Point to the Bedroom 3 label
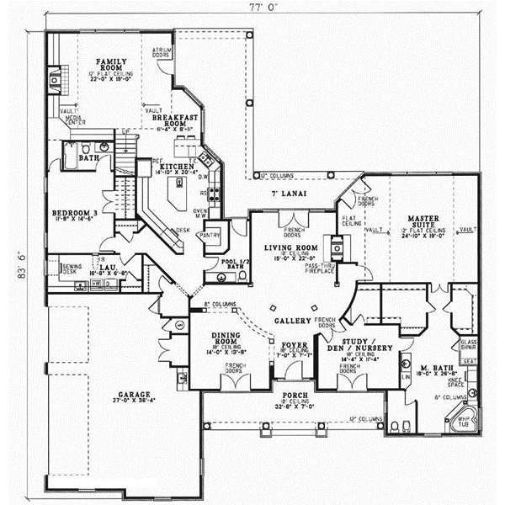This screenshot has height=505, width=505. pyautogui.click(x=74, y=212)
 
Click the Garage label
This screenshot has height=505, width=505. pyautogui.click(x=135, y=394)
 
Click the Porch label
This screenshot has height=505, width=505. pyautogui.click(x=288, y=395)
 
